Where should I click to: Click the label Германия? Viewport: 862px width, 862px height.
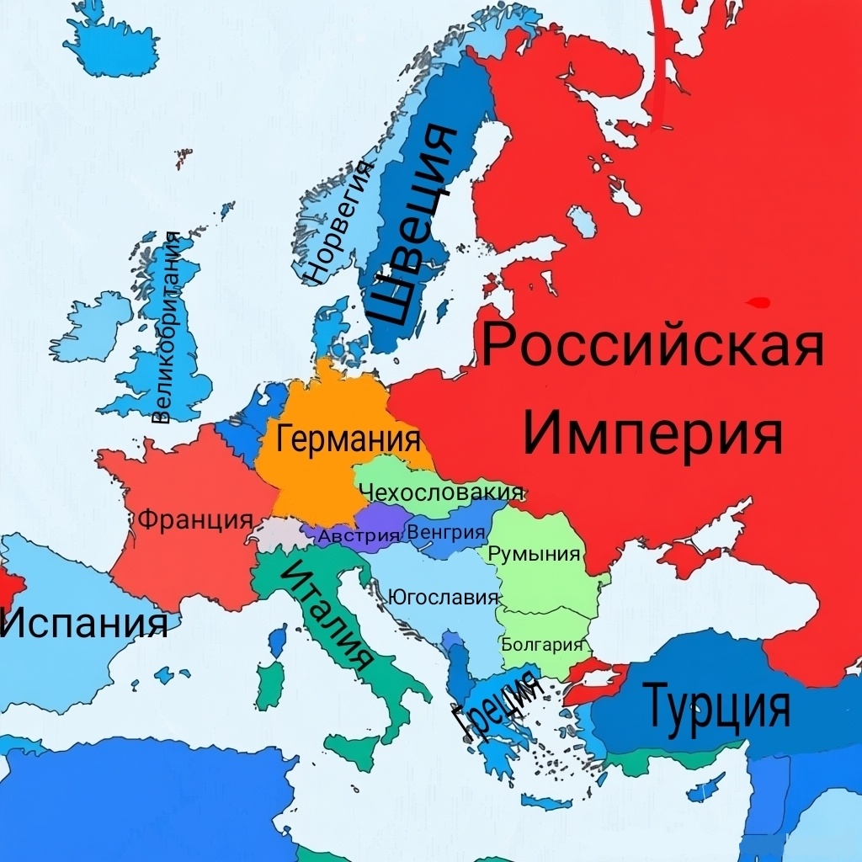coord(349,439)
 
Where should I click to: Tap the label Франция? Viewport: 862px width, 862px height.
coord(195,519)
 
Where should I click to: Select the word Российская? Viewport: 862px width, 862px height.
coord(652,346)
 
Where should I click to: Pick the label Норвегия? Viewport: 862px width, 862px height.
coord(339,221)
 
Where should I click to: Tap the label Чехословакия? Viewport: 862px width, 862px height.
coord(440,492)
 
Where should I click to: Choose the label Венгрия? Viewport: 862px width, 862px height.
coord(446,532)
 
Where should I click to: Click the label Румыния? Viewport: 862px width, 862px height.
coord(535,554)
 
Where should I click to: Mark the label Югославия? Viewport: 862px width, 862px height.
coord(444,598)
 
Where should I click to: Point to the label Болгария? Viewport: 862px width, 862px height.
coord(542,645)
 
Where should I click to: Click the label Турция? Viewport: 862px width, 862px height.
coord(717,706)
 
